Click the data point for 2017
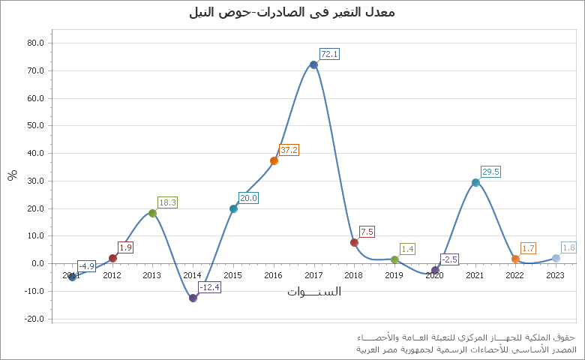click(x=313, y=64)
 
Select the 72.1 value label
click(x=330, y=54)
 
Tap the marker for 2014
click(x=193, y=298)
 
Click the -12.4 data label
click(x=209, y=287)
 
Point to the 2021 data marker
click(x=475, y=182)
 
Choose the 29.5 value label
click(x=490, y=172)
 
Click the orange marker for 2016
click(x=274, y=160)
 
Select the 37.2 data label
click(x=289, y=150)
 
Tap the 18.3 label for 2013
click(x=167, y=202)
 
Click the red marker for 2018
click(x=354, y=242)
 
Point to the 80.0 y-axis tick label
click(x=35, y=43)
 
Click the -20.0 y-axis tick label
click(x=34, y=319)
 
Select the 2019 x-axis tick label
click(x=394, y=275)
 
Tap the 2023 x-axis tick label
click(x=555, y=275)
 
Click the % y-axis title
click(x=12, y=175)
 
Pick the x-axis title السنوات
click(x=313, y=291)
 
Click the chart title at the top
click(x=292, y=12)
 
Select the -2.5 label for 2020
click(x=449, y=259)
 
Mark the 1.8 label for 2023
click(x=568, y=247)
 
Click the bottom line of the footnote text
click(x=466, y=349)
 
